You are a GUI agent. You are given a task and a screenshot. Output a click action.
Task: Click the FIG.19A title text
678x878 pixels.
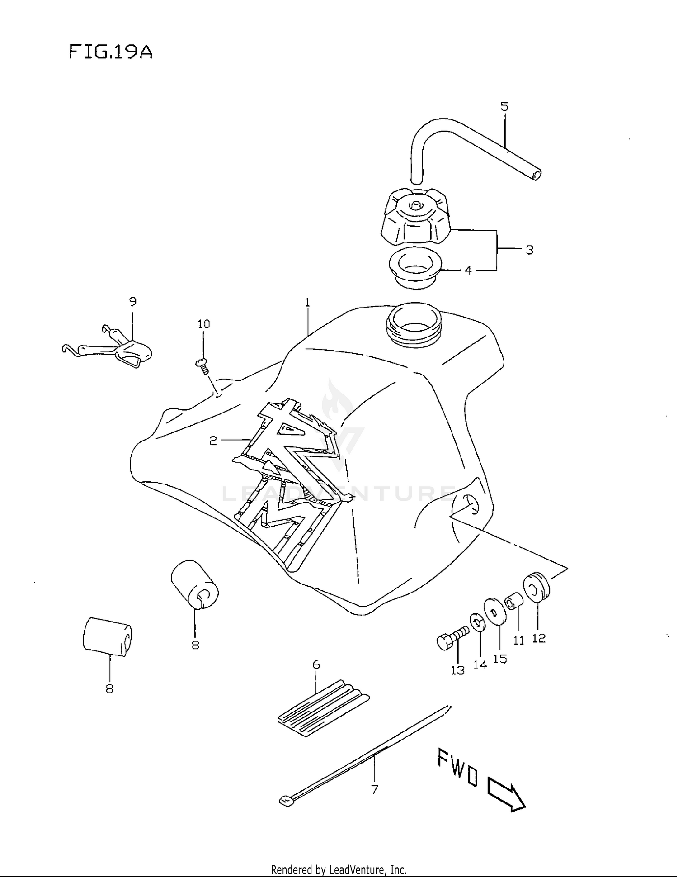point(111,52)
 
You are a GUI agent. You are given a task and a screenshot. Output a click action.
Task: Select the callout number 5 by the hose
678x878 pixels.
point(504,107)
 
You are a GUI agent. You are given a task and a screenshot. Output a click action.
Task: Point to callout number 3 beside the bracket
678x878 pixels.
point(529,250)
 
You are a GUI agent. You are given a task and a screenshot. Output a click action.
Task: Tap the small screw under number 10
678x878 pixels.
point(203,365)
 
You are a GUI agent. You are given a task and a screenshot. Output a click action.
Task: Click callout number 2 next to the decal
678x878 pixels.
point(213,440)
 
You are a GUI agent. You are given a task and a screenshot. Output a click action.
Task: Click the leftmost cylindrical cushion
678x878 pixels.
point(107,636)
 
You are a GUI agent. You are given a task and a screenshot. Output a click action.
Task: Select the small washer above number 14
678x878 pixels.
point(477,622)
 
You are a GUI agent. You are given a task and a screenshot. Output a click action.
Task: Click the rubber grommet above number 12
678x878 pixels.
point(537,588)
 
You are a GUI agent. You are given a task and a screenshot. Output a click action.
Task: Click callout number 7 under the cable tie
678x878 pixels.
point(374,789)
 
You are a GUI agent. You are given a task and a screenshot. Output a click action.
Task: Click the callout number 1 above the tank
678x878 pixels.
point(307,302)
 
